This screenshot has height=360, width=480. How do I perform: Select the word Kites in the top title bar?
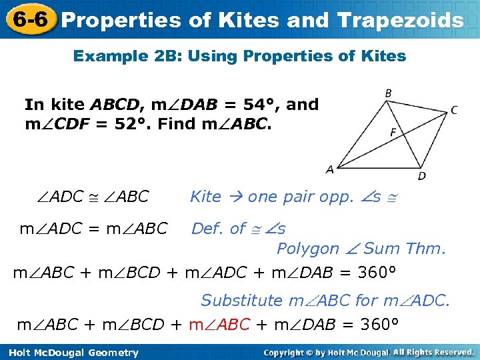coord(249,20)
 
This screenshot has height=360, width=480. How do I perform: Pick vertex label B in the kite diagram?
coord(388,93)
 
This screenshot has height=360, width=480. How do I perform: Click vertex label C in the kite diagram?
coord(454,110)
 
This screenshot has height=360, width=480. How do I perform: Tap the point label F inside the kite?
coord(393,133)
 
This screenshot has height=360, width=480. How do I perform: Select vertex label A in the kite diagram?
coord(329,170)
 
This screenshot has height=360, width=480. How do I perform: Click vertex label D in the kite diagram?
coord(421,176)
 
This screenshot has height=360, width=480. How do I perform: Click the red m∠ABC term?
coord(219,325)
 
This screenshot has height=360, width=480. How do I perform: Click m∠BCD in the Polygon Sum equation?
coord(132,273)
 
